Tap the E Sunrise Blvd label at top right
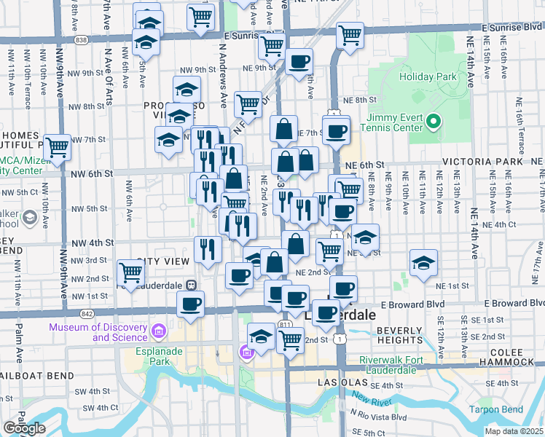[x=513, y=27]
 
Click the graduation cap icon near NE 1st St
[x=423, y=264]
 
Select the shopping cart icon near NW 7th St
[x=57, y=146]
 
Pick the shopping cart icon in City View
[x=130, y=272]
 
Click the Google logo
[x=24, y=428]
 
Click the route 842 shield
[x=87, y=313]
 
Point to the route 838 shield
[x=81, y=39]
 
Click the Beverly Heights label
[x=399, y=336]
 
